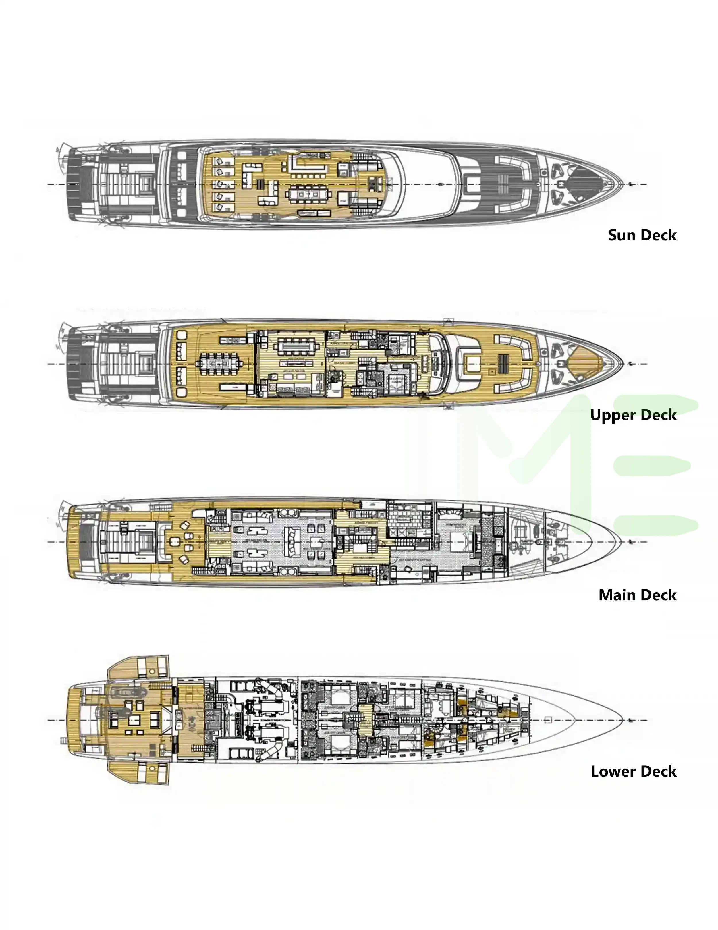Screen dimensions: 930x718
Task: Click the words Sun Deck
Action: point(642,235)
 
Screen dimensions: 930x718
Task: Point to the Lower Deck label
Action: point(633,771)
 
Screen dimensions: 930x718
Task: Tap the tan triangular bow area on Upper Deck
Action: point(584,364)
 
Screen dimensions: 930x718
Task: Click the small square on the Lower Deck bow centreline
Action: point(548,720)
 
